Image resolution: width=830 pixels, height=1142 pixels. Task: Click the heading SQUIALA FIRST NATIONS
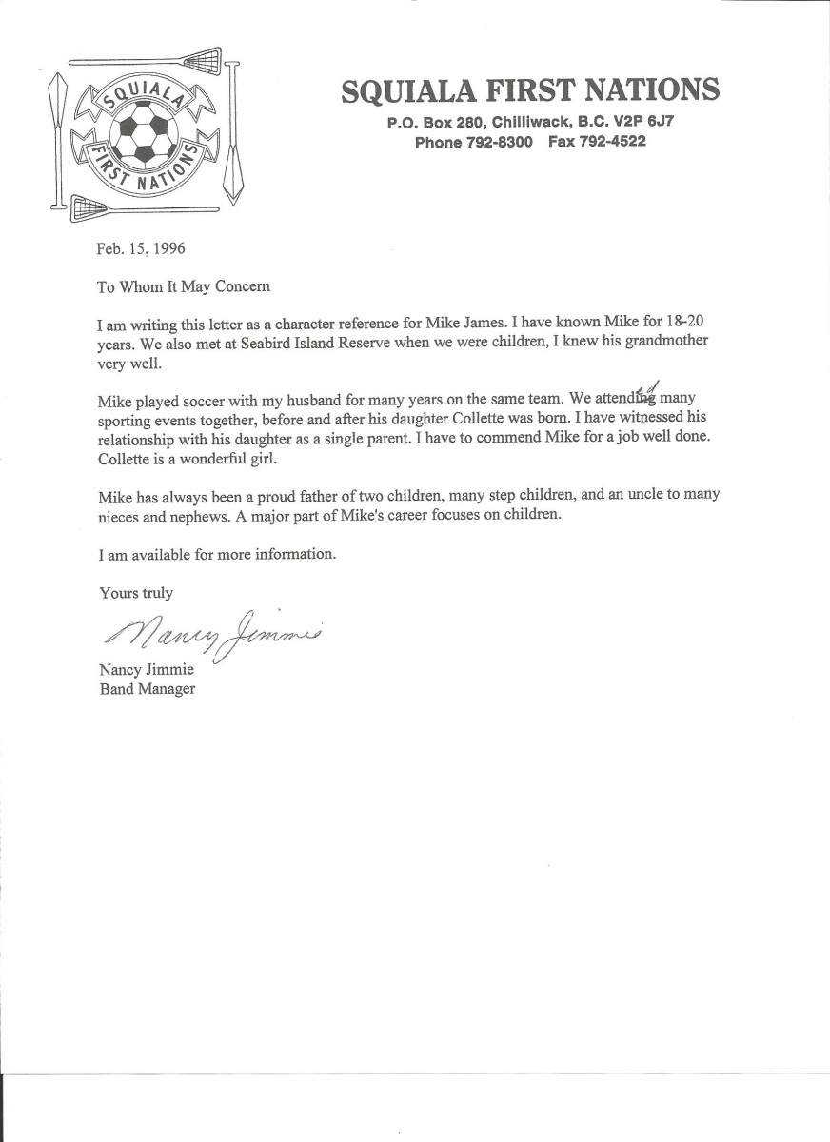click(530, 90)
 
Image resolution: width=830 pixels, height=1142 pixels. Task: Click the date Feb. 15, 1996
click(141, 249)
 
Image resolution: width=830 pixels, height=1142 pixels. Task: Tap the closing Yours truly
click(136, 593)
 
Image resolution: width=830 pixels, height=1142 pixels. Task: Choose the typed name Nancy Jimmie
click(147, 670)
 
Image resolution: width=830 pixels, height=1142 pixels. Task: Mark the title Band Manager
click(148, 689)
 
